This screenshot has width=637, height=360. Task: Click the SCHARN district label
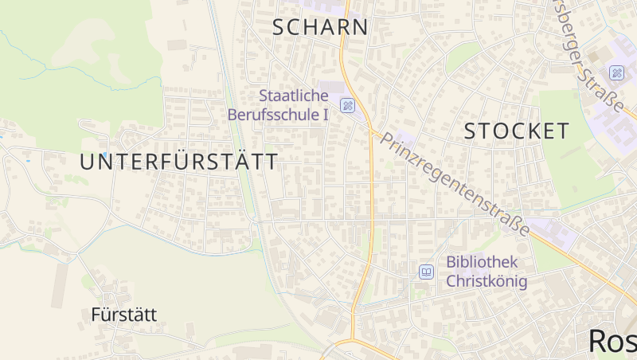[x=320, y=27]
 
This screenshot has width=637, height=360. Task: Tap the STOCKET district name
[x=517, y=131]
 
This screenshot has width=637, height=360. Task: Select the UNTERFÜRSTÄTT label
[x=179, y=162]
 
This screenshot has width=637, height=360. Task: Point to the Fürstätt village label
[x=123, y=315]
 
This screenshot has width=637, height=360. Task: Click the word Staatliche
[x=293, y=96]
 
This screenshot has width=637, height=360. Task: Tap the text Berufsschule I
[x=278, y=115]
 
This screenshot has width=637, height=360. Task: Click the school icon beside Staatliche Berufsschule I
[x=347, y=105]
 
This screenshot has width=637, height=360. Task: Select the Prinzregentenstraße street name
[x=455, y=183]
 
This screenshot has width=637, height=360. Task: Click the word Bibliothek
[x=482, y=262]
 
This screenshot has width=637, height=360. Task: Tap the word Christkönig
[x=487, y=281]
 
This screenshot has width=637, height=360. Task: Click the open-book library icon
[x=427, y=272]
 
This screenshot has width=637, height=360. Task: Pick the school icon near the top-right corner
[x=617, y=72]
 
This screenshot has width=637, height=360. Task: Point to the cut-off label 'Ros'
[x=612, y=340]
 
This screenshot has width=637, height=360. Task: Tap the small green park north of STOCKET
[x=463, y=56]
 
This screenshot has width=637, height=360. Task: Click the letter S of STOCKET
[x=470, y=131]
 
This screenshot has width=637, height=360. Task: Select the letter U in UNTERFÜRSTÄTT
[x=86, y=162]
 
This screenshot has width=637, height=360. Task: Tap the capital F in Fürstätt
[x=96, y=315]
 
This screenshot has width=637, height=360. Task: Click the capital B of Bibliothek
[x=451, y=262]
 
